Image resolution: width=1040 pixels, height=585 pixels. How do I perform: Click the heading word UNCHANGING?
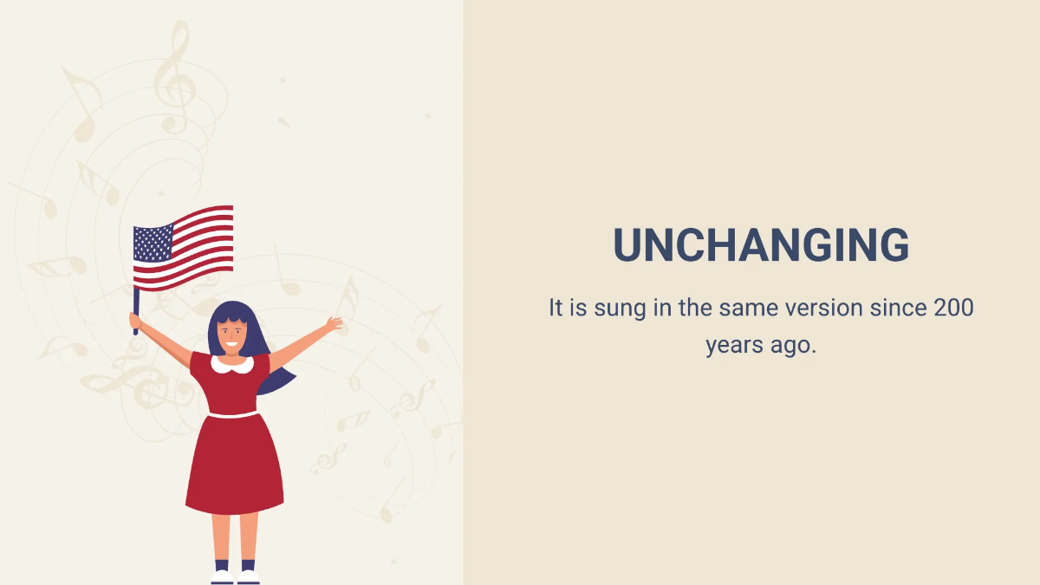point(761,244)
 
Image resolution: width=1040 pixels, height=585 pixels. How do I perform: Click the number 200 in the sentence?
point(953,308)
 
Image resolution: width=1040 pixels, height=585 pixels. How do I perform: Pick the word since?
point(898,308)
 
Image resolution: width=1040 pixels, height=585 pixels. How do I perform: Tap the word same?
point(749,309)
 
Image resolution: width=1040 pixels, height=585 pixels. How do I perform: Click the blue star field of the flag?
point(153,243)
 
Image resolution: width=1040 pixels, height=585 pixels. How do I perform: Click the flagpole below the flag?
point(136,310)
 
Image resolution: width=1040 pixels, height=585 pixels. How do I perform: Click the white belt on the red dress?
point(233,414)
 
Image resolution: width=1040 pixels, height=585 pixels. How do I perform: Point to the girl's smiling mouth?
point(231,345)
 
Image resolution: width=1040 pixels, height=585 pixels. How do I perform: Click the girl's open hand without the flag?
point(335,323)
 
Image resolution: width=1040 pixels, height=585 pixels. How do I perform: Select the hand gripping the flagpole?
point(135,321)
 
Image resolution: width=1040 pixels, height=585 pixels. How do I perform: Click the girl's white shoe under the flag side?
point(222,577)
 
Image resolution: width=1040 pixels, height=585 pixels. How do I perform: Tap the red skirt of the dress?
point(235,465)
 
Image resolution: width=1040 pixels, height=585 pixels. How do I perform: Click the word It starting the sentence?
point(556,308)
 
